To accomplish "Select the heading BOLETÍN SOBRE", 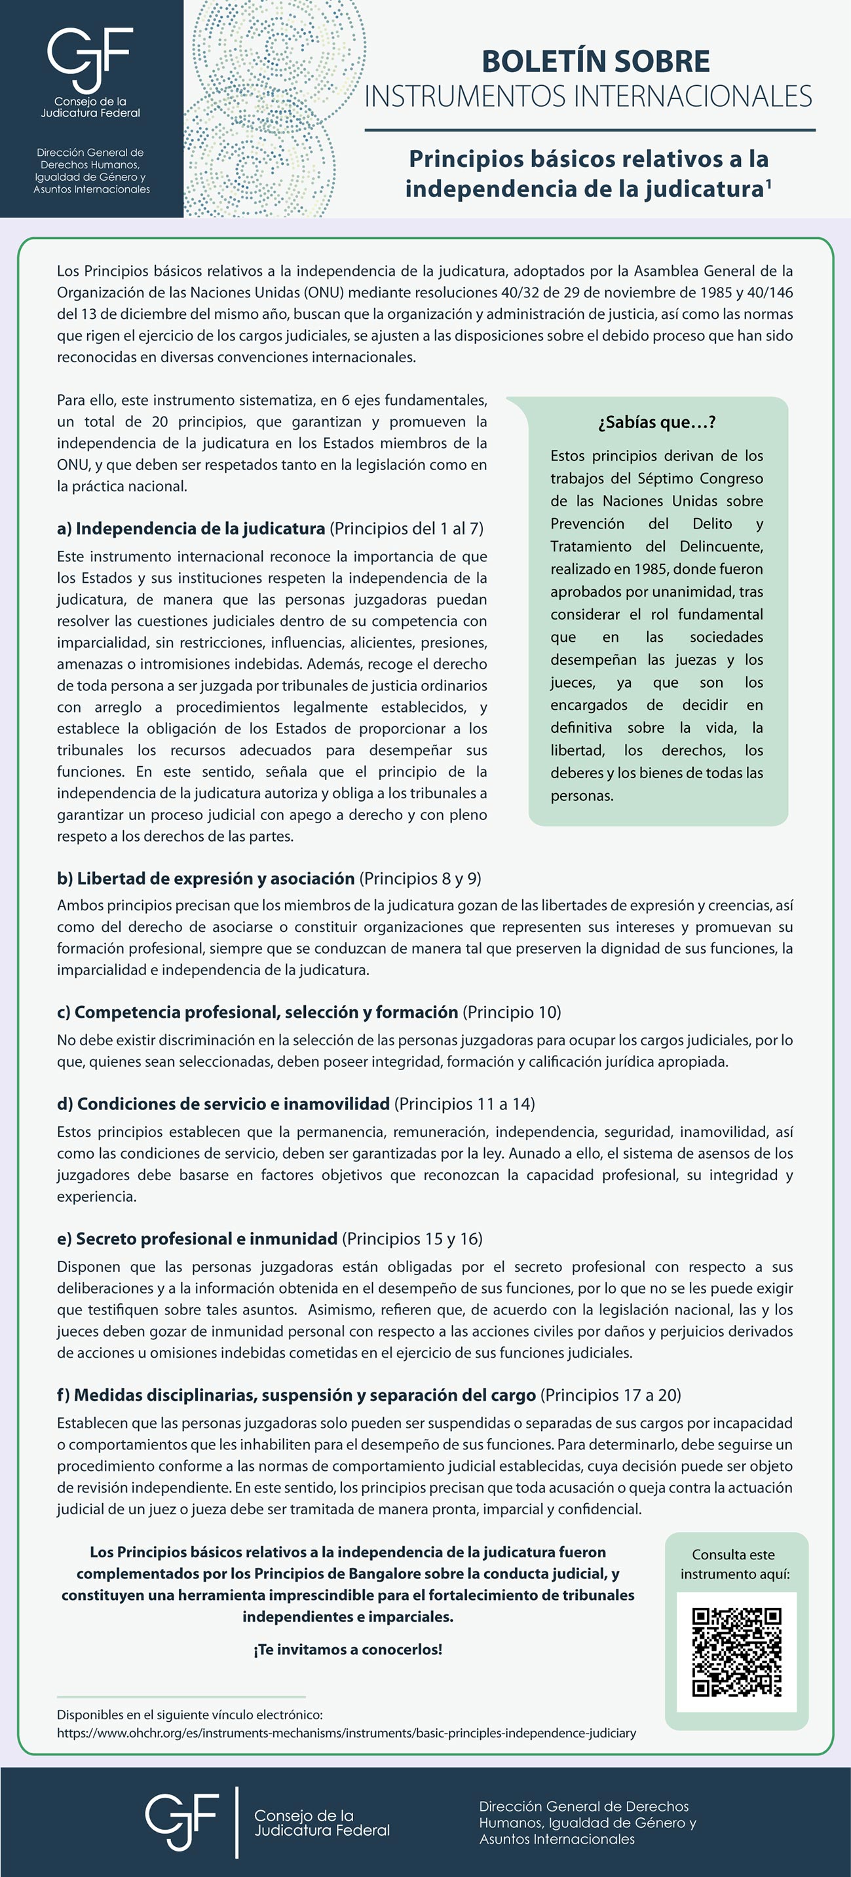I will (596, 61).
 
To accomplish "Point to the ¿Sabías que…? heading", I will (656, 422).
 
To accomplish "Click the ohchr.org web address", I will (346, 1733).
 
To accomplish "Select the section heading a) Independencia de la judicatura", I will (191, 529).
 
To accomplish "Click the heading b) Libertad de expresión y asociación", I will (206, 878).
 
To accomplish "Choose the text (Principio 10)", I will (512, 1012).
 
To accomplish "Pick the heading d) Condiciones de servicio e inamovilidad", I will (223, 1104).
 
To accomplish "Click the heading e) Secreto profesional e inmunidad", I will (197, 1238).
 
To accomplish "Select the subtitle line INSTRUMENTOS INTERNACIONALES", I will (588, 97).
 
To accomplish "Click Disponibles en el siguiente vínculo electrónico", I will (189, 1715).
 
